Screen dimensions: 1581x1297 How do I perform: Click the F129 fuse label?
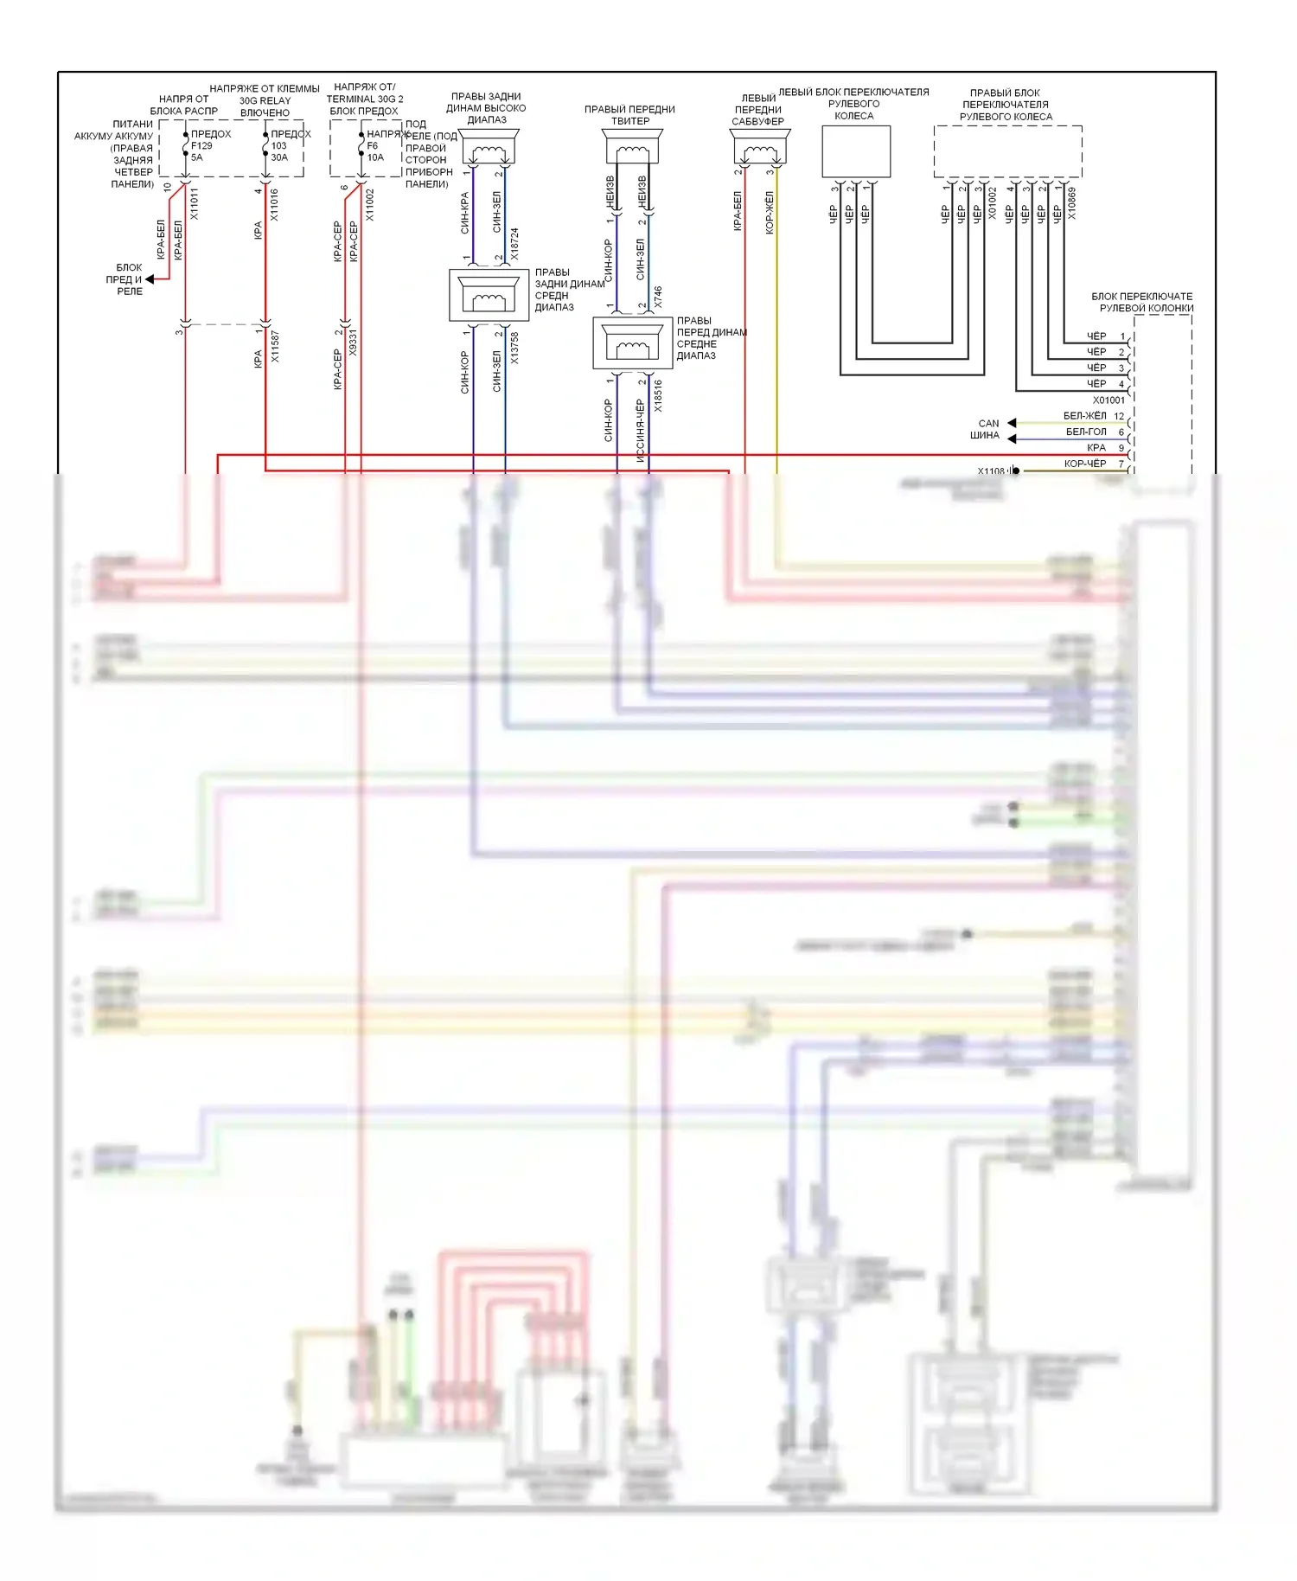point(201,146)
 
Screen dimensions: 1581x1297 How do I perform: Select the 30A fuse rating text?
point(279,157)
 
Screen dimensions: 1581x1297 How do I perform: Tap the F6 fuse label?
point(373,145)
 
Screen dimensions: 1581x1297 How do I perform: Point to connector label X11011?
point(195,204)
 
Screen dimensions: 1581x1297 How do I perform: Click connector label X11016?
point(275,205)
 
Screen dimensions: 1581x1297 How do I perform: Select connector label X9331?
point(353,342)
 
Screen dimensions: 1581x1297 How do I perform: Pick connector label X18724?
point(514,244)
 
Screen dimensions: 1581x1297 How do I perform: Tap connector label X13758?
point(514,348)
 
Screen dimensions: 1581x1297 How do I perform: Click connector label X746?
point(658,297)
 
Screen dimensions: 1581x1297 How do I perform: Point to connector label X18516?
point(658,395)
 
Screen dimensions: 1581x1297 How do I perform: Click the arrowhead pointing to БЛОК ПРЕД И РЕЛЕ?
point(150,279)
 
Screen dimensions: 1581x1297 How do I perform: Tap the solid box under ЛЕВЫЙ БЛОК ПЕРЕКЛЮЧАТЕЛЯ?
point(855,151)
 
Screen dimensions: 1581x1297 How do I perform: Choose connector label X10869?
point(1072,203)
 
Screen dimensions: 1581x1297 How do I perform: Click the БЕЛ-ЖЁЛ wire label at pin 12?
point(1084,416)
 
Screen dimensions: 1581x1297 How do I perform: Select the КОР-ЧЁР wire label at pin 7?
point(1084,464)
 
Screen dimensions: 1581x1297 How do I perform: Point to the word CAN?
point(988,424)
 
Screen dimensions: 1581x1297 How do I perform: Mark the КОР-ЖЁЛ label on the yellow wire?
point(770,213)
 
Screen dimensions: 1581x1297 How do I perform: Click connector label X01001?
point(1109,400)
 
